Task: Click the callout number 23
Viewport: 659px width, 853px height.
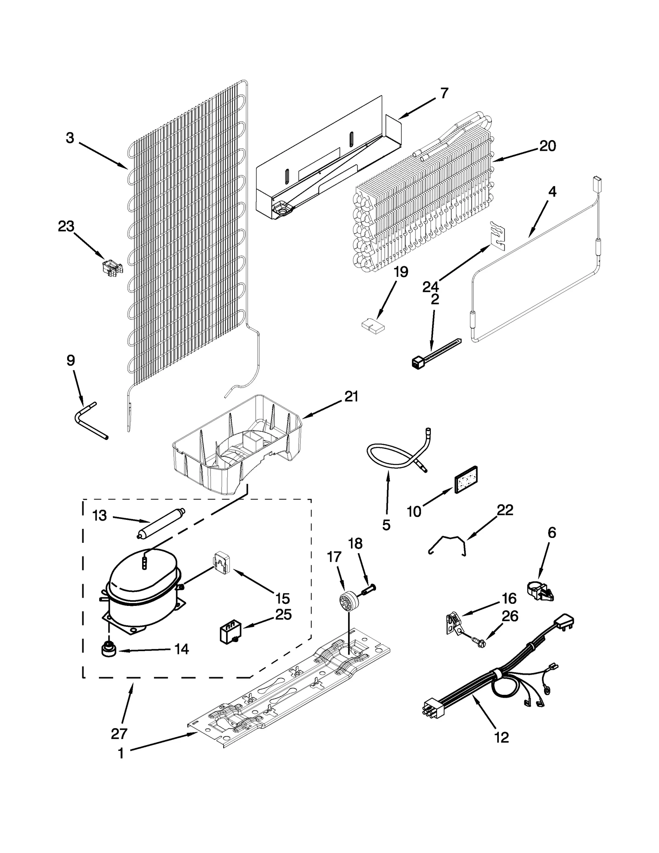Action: tap(66, 226)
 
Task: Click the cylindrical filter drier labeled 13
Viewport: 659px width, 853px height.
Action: tap(161, 523)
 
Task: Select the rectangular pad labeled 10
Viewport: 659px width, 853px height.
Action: tap(465, 480)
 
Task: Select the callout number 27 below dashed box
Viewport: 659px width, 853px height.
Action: tap(119, 733)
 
